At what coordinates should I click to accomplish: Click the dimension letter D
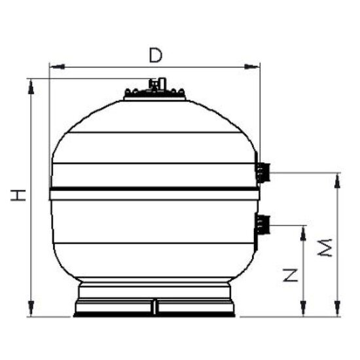point(154,54)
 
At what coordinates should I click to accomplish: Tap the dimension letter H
point(17,194)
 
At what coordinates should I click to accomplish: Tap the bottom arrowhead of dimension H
point(31,310)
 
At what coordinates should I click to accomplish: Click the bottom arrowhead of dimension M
point(337,310)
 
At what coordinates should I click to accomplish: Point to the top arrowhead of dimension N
point(302,230)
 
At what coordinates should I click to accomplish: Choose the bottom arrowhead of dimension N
point(302,310)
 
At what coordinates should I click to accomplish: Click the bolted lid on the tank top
point(155,95)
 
